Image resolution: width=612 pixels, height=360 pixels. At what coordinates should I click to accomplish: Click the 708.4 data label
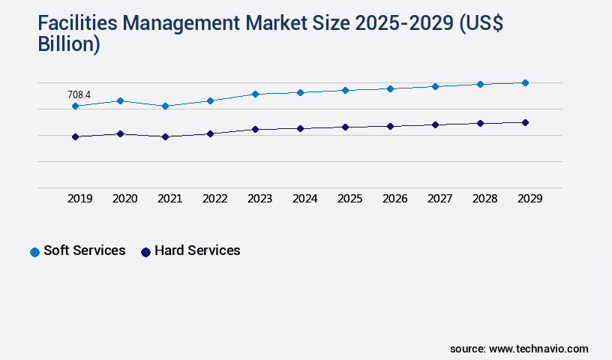(x=79, y=95)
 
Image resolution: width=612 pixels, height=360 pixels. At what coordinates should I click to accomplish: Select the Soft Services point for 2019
(x=75, y=106)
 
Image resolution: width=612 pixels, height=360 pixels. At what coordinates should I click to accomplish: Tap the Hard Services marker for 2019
(x=75, y=136)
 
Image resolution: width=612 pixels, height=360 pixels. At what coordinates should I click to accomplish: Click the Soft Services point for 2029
(x=525, y=82)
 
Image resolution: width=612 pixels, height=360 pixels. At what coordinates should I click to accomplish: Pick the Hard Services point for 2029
(x=525, y=122)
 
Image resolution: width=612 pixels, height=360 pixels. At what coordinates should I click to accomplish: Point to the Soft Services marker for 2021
(x=165, y=106)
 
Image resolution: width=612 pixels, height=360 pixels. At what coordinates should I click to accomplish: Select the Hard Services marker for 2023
(x=255, y=129)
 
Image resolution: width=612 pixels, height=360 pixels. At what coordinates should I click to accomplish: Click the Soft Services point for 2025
(x=345, y=90)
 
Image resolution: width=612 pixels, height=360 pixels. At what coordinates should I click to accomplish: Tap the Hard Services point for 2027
(x=435, y=124)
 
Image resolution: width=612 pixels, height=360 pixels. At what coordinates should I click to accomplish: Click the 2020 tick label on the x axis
(x=124, y=199)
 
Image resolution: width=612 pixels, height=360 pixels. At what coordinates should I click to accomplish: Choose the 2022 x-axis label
(x=214, y=199)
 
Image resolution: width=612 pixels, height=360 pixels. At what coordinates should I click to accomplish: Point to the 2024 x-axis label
(x=304, y=199)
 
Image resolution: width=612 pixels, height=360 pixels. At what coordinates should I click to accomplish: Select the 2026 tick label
(x=394, y=199)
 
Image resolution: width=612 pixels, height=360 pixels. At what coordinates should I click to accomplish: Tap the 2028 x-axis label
(x=484, y=199)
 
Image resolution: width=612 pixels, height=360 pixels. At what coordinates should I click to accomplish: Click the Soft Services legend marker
(x=34, y=252)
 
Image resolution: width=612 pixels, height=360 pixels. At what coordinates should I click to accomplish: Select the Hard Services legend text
(x=197, y=250)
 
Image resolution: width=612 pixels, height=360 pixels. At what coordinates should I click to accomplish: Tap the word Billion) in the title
(x=68, y=44)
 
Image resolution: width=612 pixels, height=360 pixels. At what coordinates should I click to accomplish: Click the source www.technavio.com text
(x=519, y=349)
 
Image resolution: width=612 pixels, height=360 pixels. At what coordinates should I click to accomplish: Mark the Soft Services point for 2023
(x=255, y=94)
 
